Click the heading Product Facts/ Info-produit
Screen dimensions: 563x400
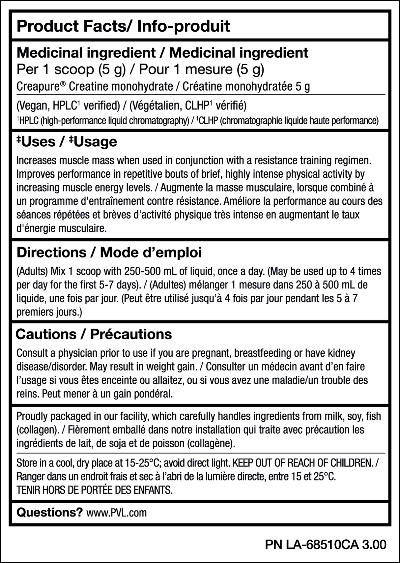tap(123, 26)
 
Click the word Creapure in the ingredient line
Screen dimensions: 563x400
tap(38, 87)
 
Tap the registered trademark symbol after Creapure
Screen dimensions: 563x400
tap(63, 83)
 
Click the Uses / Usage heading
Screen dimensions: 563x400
tap(67, 142)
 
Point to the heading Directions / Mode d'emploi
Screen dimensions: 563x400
tap(109, 252)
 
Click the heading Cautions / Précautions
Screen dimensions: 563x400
tap(94, 334)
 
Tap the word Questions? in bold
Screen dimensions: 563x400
tap(49, 513)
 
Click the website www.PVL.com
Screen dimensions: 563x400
tap(116, 513)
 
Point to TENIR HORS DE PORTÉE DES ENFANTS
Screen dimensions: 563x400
tap(95, 490)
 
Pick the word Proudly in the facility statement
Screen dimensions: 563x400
tap(32, 416)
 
